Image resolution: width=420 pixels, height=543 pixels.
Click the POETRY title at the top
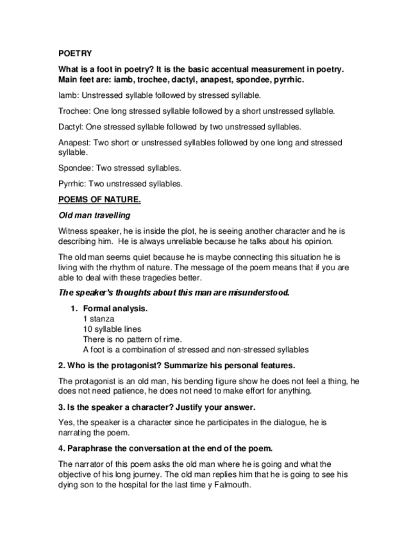click(74, 54)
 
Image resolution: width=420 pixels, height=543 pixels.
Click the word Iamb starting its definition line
click(67, 95)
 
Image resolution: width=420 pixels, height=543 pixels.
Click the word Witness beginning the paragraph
click(73, 231)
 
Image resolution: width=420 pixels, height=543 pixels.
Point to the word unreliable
click(202, 241)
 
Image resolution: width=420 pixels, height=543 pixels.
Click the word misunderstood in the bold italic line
click(258, 293)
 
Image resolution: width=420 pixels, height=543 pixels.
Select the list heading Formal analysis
click(115, 309)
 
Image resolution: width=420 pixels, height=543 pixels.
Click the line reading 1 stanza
click(99, 319)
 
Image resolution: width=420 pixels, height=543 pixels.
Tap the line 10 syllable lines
click(112, 329)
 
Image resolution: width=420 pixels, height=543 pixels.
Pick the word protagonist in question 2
click(128, 366)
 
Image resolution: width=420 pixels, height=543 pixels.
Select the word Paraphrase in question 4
click(90, 448)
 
